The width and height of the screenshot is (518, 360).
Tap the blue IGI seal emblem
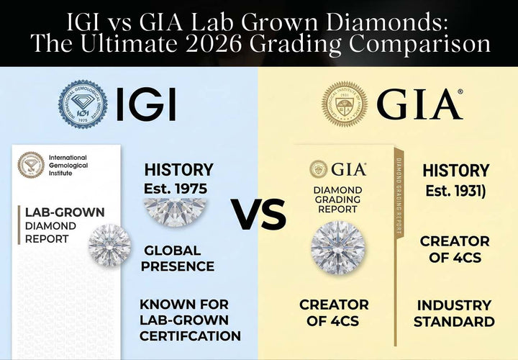point(83,104)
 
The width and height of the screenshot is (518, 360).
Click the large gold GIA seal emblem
point(345,104)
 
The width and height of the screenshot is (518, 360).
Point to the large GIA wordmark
point(419,105)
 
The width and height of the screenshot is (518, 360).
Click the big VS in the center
point(258,214)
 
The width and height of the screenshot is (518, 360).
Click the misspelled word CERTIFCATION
point(190,336)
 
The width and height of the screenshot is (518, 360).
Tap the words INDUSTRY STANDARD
point(454,313)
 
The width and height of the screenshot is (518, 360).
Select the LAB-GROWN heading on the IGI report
point(65,213)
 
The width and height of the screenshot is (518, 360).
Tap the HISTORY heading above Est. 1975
point(178,170)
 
